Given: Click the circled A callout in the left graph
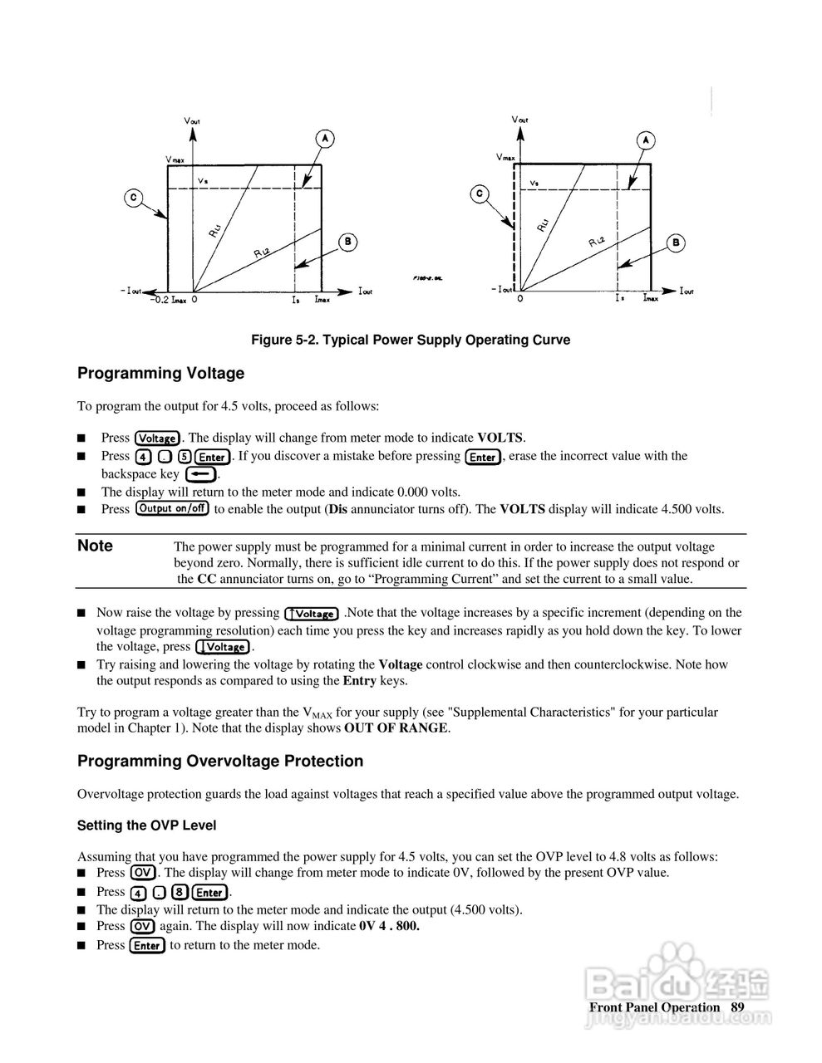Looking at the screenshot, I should click(x=325, y=138).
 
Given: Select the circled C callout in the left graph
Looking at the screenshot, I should click(x=134, y=198).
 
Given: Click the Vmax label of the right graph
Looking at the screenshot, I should click(x=505, y=156).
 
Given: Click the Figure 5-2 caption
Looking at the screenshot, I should click(x=411, y=340).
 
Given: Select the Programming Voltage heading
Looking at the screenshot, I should click(x=160, y=374).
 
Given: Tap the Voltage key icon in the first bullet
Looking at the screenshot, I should click(x=157, y=438).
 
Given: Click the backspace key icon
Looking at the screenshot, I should click(x=200, y=474).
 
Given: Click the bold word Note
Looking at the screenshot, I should click(x=95, y=546).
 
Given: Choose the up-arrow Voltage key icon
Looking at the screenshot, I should click(x=311, y=614).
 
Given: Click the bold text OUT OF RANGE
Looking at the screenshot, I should click(x=396, y=728).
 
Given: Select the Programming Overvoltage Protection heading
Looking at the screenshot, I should click(x=220, y=761).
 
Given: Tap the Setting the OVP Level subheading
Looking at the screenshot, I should click(x=146, y=825).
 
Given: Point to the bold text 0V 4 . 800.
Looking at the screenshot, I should click(x=389, y=926).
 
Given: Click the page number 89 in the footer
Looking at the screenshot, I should click(x=737, y=1007).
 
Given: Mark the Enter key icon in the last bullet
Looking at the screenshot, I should click(x=147, y=945).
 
